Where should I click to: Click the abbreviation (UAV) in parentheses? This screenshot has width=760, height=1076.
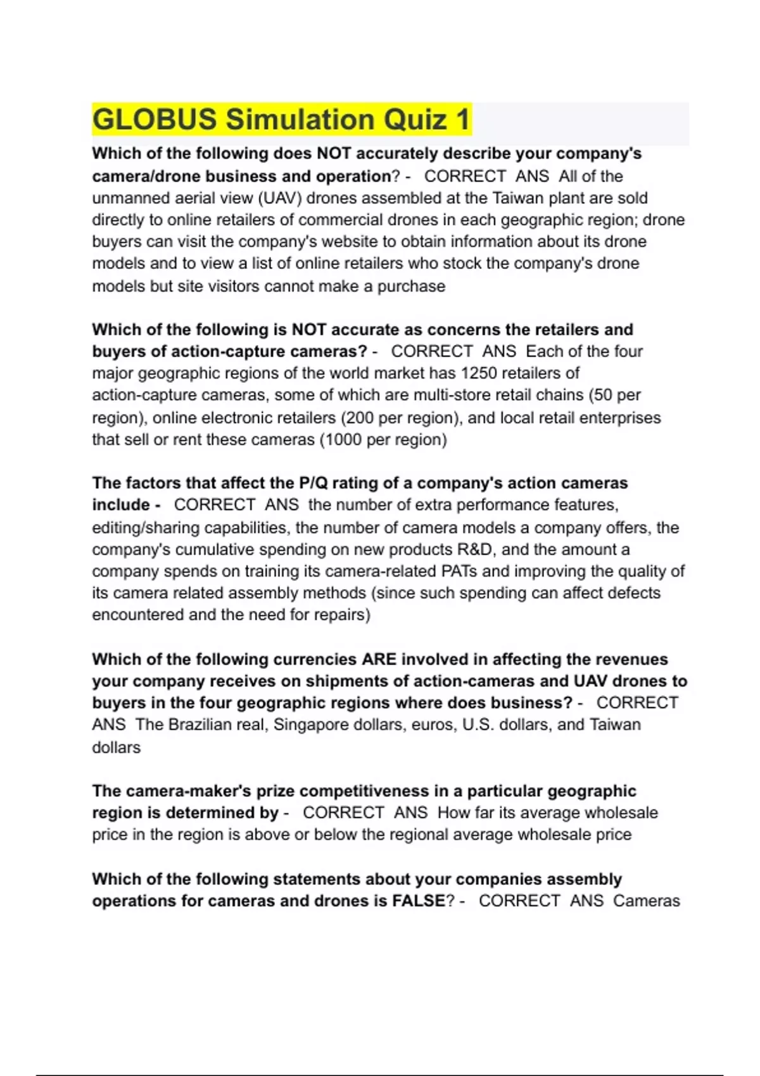tap(281, 198)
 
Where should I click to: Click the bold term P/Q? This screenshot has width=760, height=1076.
tap(313, 483)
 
